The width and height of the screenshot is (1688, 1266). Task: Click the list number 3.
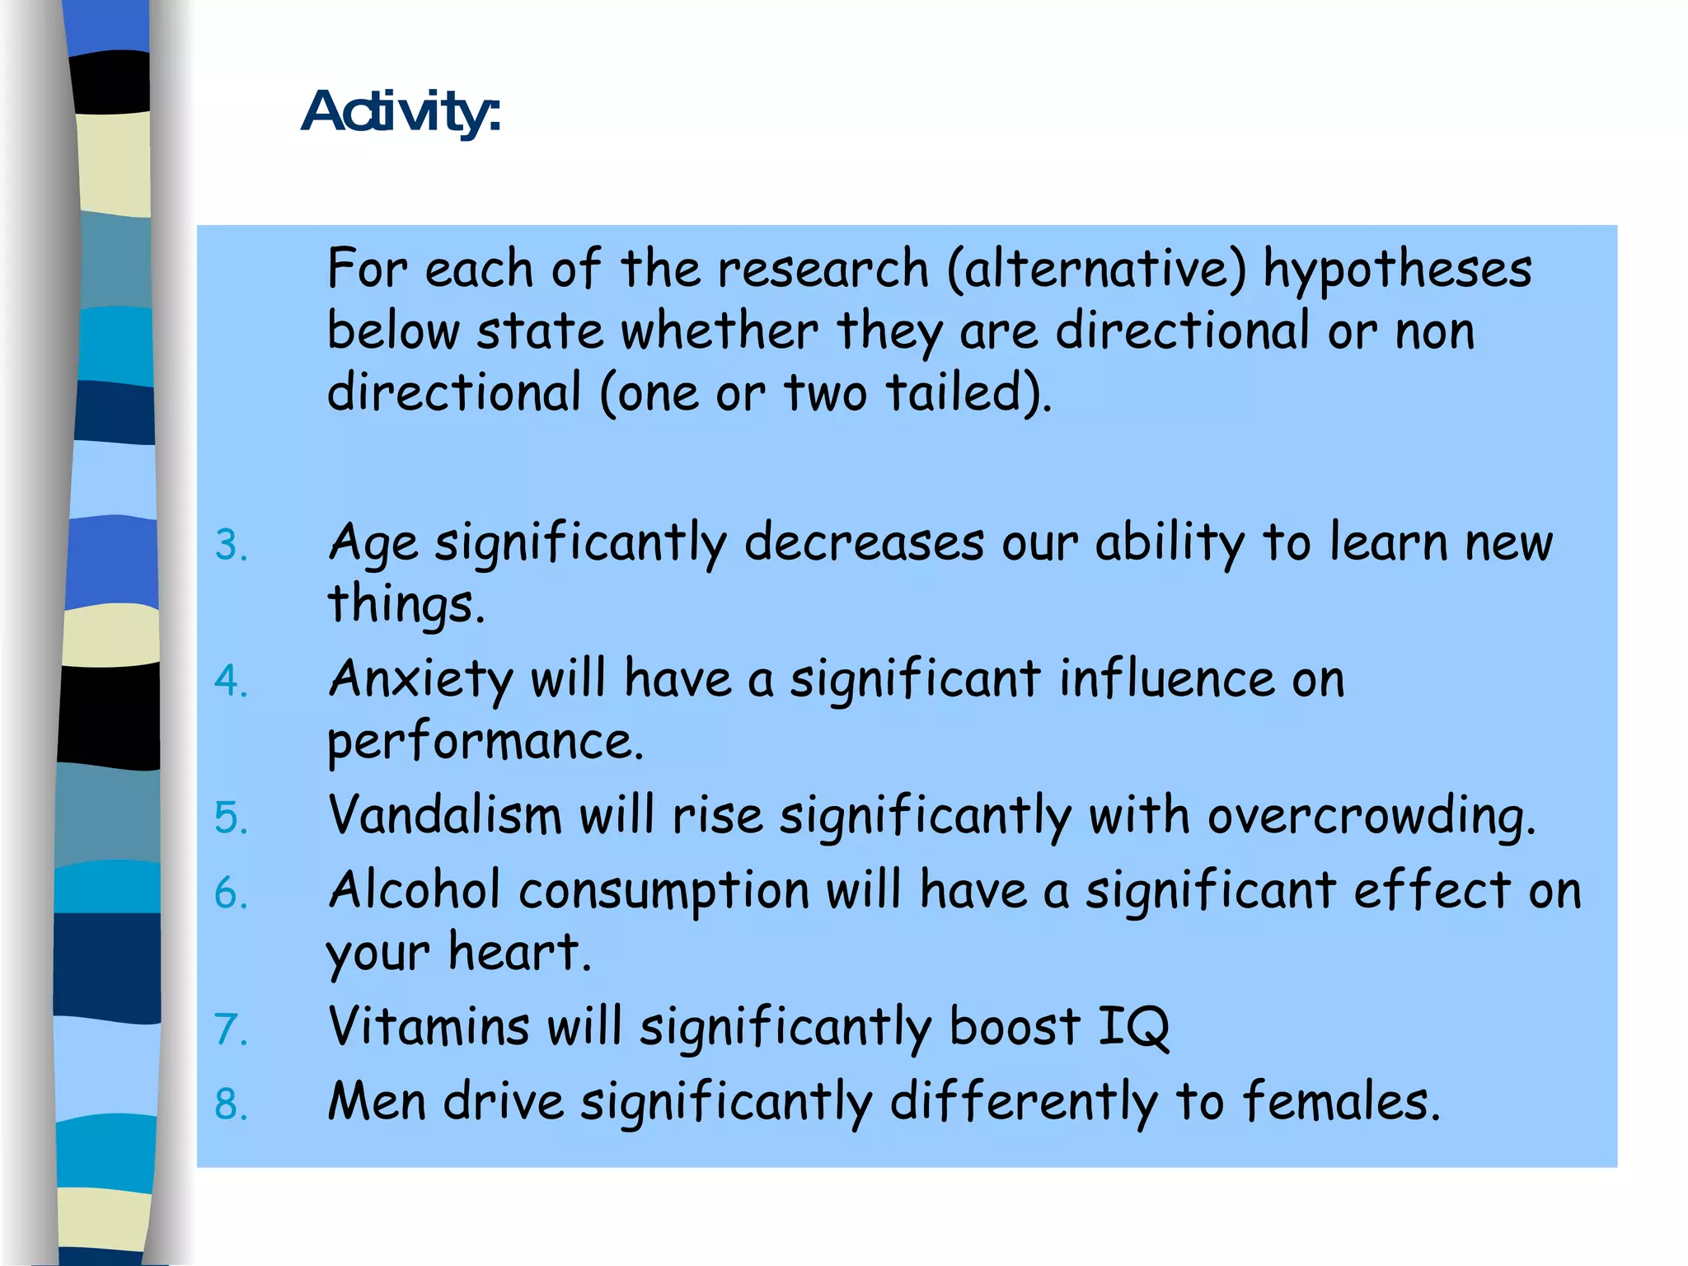click(x=231, y=546)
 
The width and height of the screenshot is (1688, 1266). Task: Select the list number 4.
click(x=231, y=682)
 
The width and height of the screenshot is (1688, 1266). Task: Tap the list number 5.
click(x=231, y=818)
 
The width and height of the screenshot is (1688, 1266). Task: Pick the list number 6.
click(x=231, y=893)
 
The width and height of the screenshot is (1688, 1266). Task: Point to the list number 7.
click(x=231, y=1030)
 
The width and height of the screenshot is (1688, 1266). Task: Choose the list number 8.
click(x=231, y=1104)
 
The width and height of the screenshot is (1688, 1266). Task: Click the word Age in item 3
click(x=373, y=544)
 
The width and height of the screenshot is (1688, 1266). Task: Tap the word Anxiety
click(x=420, y=681)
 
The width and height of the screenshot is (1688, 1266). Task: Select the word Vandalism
click(x=445, y=816)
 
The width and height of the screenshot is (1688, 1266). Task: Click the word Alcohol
click(x=414, y=891)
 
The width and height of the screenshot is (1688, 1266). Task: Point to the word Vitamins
click(x=429, y=1027)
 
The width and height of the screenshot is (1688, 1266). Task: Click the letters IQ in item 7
click(x=1134, y=1027)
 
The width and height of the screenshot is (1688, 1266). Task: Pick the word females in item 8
click(x=1340, y=1102)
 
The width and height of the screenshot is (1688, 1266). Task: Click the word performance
click(x=484, y=742)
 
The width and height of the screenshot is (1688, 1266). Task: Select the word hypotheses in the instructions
click(x=1398, y=270)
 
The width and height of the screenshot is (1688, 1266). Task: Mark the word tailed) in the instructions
click(x=968, y=392)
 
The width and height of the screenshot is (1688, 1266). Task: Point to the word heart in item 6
click(x=519, y=953)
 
